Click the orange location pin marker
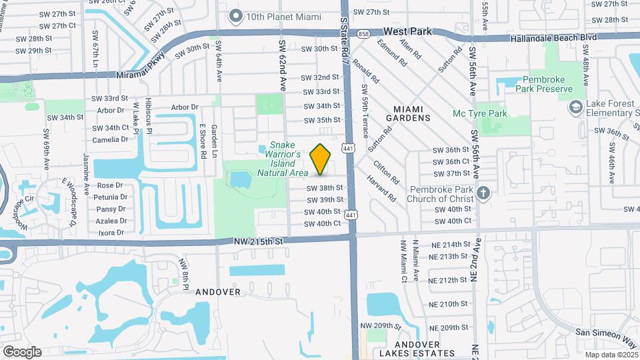click(x=321, y=159)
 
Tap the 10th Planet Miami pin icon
click(x=235, y=15)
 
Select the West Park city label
click(x=408, y=31)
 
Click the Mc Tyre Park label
click(x=480, y=113)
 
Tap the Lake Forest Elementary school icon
click(x=575, y=107)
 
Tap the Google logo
click(x=22, y=351)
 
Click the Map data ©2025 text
click(x=611, y=355)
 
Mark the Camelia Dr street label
click(x=111, y=139)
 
